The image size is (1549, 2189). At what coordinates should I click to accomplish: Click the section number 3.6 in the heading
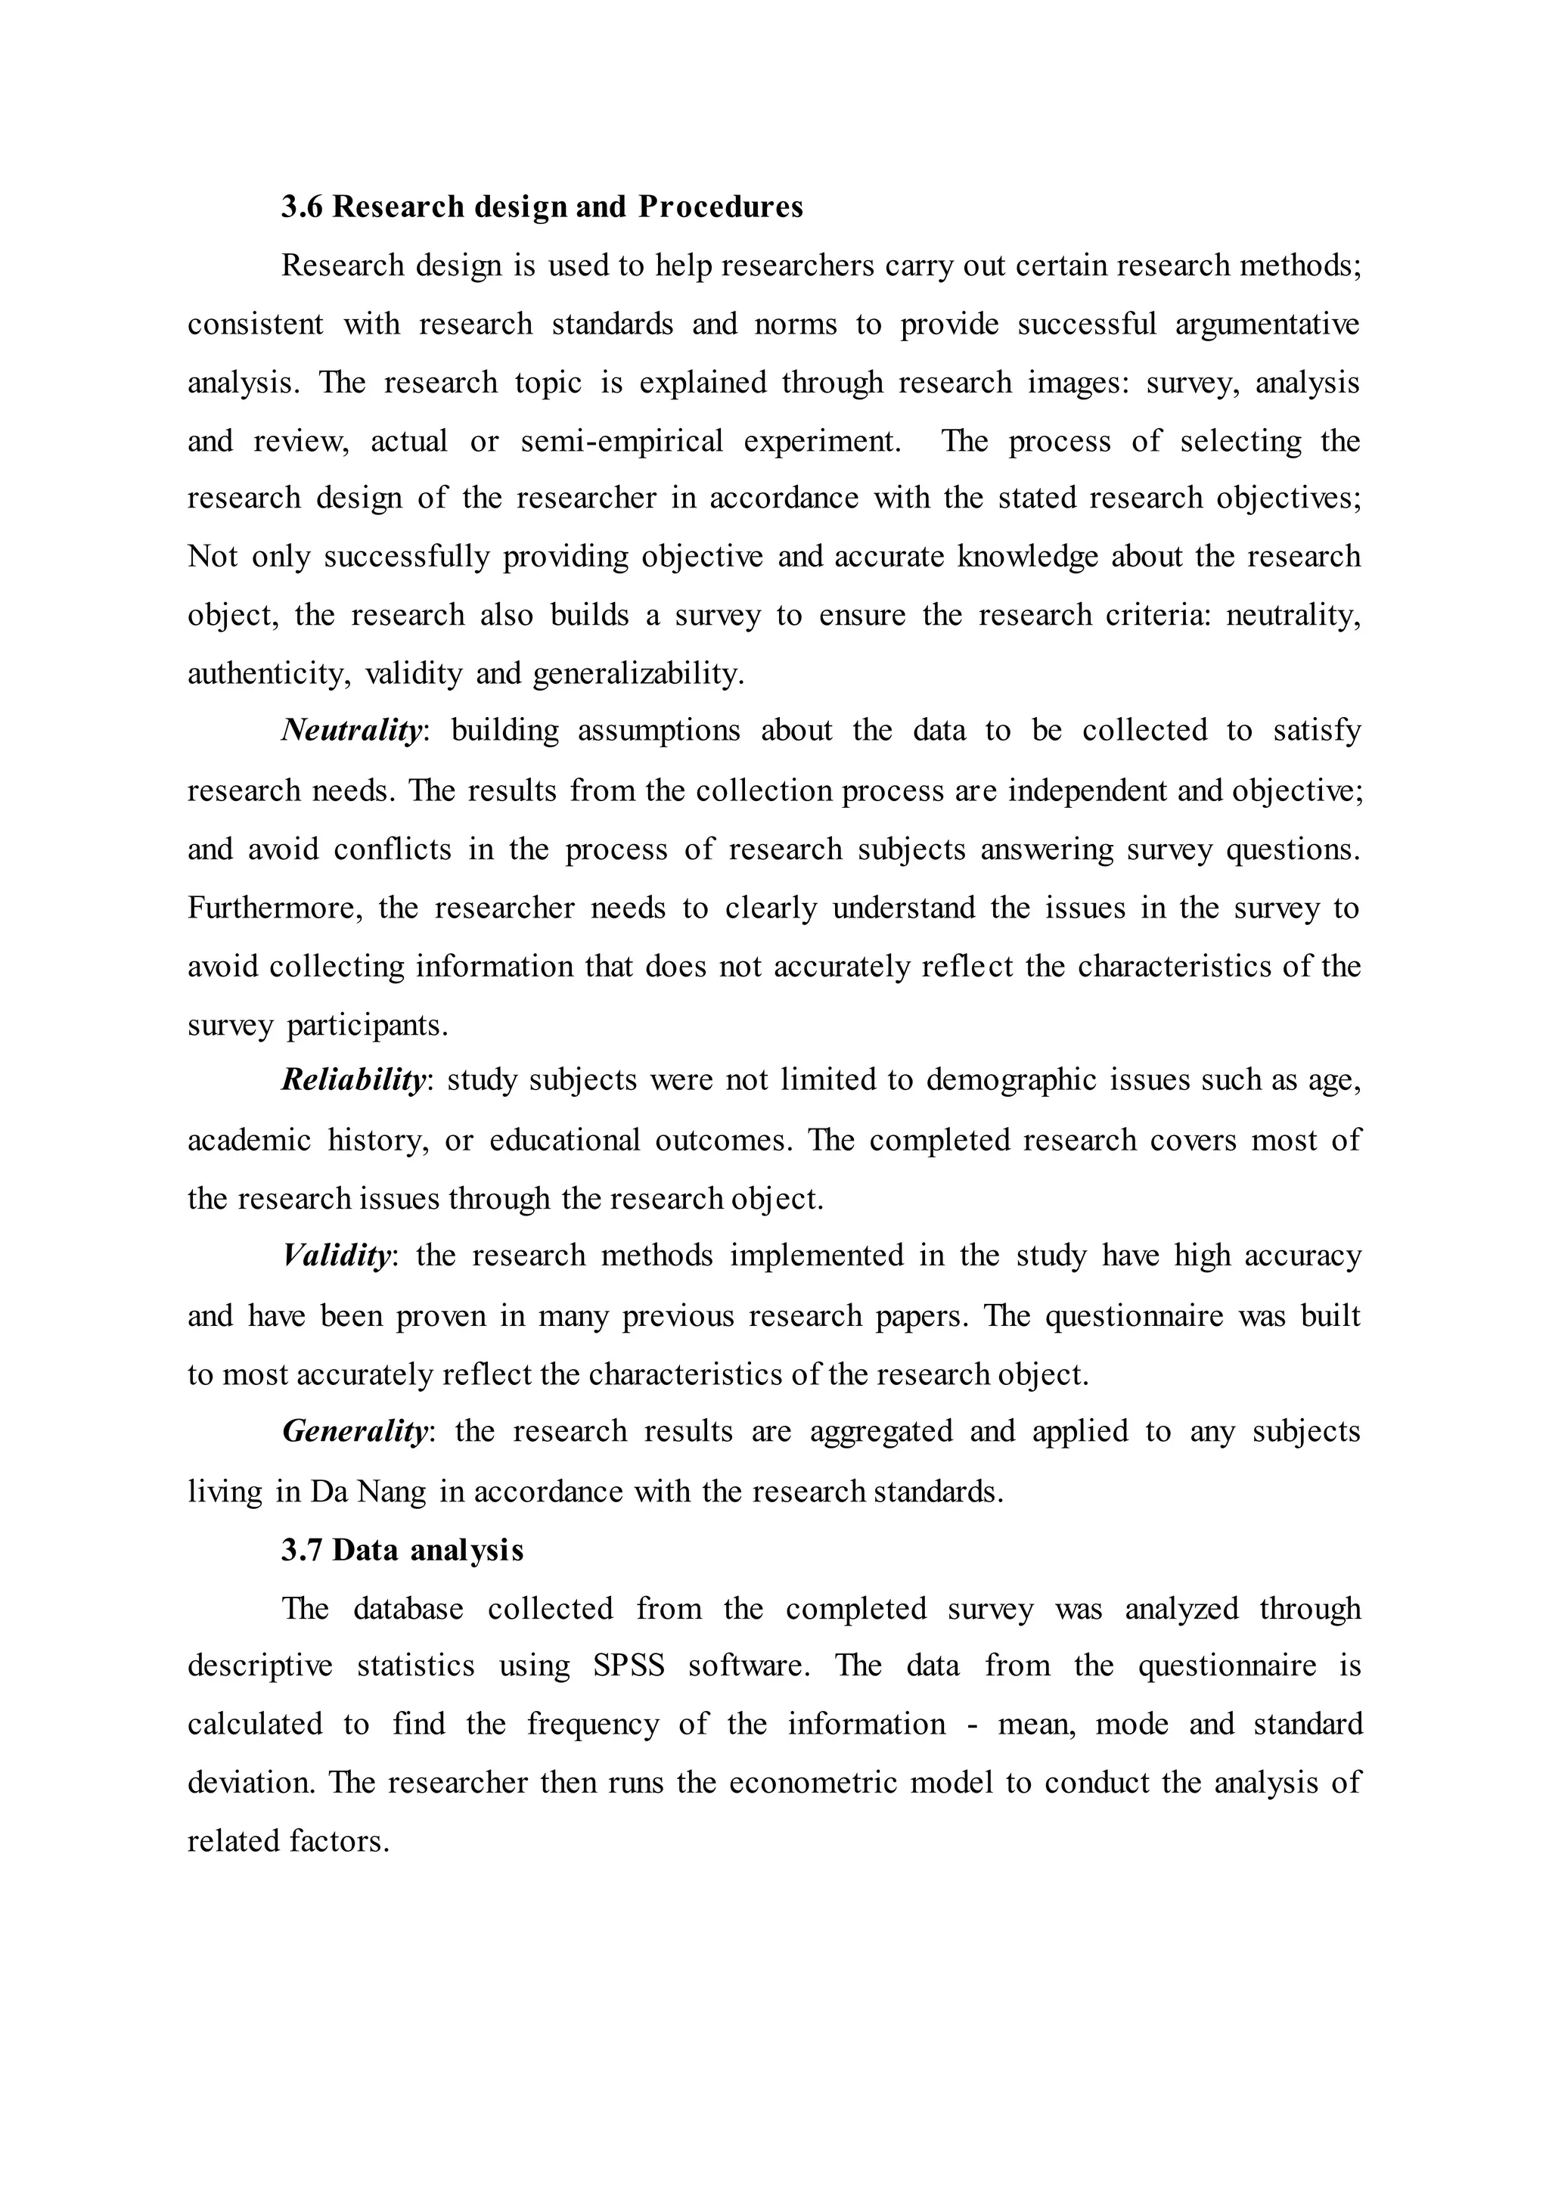pyautogui.click(x=303, y=207)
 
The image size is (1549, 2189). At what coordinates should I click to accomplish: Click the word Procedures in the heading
pyautogui.click(x=720, y=207)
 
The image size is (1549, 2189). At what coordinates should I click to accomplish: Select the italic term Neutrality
pyautogui.click(x=352, y=731)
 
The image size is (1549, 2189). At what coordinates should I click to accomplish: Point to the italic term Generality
pyautogui.click(x=355, y=1431)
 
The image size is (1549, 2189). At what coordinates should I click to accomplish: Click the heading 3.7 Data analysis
pyautogui.click(x=402, y=1550)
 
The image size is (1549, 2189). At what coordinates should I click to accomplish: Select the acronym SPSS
pyautogui.click(x=628, y=1666)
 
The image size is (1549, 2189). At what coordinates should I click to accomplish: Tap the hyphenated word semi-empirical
pyautogui.click(x=622, y=441)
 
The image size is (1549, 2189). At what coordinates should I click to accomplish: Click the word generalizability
pyautogui.click(x=637, y=675)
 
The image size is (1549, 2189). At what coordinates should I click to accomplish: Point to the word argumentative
pyautogui.click(x=1267, y=324)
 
